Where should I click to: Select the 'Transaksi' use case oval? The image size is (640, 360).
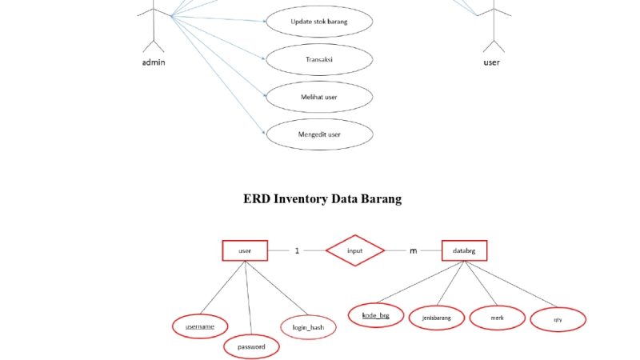[319, 59]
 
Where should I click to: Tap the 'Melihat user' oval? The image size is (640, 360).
[319, 97]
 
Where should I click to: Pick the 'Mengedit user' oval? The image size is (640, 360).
[319, 134]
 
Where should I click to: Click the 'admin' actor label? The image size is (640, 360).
[153, 63]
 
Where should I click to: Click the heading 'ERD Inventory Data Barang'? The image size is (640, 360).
[322, 199]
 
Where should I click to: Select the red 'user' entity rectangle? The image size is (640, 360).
[245, 250]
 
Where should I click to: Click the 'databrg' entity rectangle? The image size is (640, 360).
[464, 250]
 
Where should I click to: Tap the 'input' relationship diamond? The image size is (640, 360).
[355, 250]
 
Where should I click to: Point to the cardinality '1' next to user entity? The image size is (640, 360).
[297, 250]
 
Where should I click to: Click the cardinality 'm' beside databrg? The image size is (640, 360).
[414, 250]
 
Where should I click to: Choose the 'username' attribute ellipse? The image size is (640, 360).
[200, 326]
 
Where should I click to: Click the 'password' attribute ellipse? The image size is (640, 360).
[251, 346]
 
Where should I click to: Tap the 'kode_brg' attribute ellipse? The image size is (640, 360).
[376, 315]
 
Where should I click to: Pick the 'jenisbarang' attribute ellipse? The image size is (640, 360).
[436, 318]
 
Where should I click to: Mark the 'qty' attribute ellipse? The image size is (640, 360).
[558, 320]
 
